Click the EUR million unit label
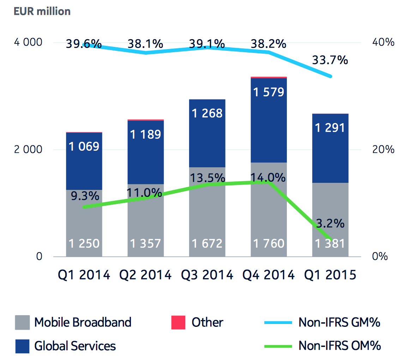(42, 11)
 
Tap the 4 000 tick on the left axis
(28, 43)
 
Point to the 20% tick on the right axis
(383, 149)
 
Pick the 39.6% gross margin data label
(84, 44)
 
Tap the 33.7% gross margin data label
(330, 60)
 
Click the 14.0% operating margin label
(268, 177)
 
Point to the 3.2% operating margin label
(330, 223)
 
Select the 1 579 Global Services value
(268, 92)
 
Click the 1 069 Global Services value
(84, 146)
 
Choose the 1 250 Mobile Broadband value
(84, 244)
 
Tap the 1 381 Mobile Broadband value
(330, 244)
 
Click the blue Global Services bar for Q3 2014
(207, 141)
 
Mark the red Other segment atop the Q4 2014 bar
(269, 77)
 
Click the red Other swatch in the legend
(178, 323)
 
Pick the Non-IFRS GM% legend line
(278, 323)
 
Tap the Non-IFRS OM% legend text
(339, 346)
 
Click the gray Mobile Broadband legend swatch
(22, 323)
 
